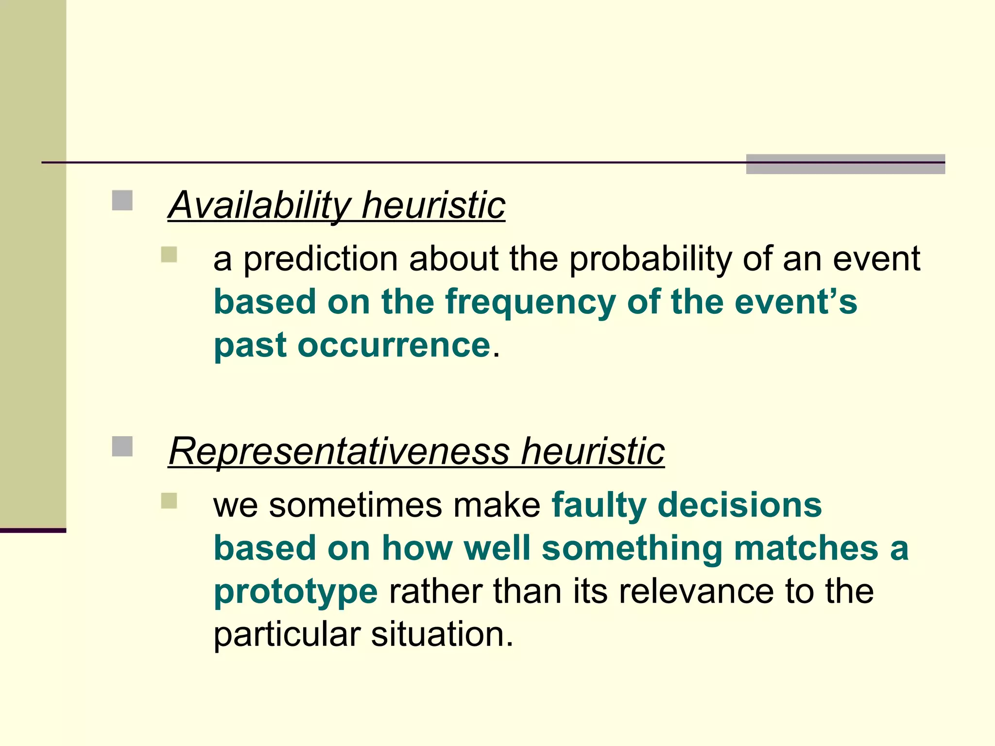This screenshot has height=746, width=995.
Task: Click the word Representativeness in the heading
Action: (x=339, y=451)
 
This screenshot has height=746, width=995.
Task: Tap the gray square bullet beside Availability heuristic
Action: (x=122, y=200)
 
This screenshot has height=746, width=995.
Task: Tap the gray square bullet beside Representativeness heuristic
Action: (x=122, y=446)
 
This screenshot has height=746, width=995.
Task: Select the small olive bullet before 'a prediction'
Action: (x=169, y=254)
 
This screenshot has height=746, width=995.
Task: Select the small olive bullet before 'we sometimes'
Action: (x=169, y=501)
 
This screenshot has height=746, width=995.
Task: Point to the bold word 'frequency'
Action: (x=530, y=303)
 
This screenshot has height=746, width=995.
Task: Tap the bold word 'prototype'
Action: (x=295, y=592)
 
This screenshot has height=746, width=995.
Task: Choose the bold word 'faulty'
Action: (x=599, y=506)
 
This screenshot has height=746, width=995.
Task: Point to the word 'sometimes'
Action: (x=355, y=505)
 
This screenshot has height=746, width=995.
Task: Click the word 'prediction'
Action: (x=320, y=259)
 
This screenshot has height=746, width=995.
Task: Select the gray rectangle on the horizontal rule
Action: (x=845, y=164)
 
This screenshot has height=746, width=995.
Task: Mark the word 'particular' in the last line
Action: (x=287, y=635)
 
